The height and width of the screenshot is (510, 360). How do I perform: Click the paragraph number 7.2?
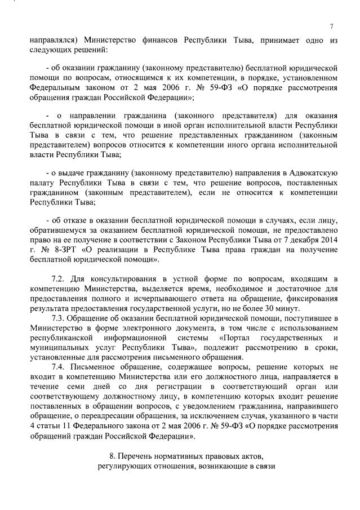[x=59, y=278]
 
